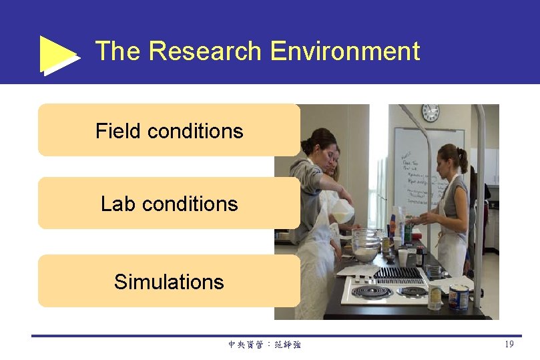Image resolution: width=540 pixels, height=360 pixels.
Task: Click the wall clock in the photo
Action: click(x=430, y=112)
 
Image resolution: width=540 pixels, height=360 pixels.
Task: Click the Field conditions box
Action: click(x=169, y=130)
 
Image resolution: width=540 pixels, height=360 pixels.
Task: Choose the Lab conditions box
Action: click(x=169, y=203)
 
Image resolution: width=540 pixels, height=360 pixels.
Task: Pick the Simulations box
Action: click(x=169, y=281)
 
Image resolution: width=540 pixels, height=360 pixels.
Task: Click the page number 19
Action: click(x=509, y=344)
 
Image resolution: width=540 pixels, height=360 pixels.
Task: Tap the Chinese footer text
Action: click(x=264, y=345)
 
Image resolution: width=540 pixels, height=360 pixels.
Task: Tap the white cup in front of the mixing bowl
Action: click(x=402, y=256)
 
